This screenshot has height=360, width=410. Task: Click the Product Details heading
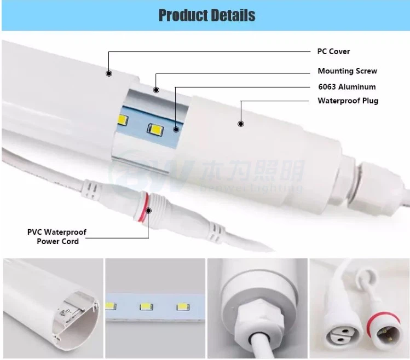point(206,15)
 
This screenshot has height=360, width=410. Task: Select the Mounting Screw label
point(347,71)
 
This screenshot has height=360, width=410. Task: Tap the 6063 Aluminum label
point(347,86)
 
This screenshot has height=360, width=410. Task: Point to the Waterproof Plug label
point(348,101)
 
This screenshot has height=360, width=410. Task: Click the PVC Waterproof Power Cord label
point(57,237)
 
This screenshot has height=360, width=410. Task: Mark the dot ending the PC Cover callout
point(109,73)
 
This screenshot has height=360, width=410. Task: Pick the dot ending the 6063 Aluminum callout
point(176,130)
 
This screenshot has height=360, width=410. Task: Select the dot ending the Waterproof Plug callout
point(241,124)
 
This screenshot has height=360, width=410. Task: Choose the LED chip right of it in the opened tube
point(153,130)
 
